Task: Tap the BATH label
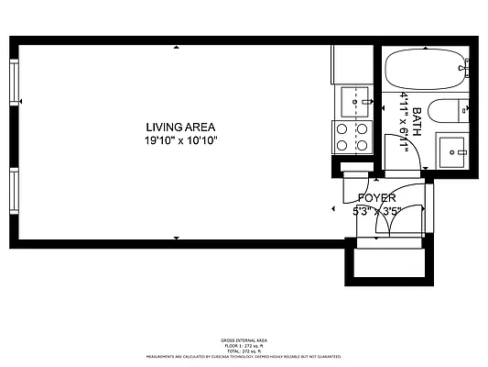(417, 122)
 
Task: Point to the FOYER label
(376, 198)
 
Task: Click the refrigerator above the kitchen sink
(352, 64)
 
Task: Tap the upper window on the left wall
(14, 81)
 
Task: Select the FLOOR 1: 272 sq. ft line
(243, 344)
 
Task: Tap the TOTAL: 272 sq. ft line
(243, 350)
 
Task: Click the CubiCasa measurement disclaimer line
(243, 355)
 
